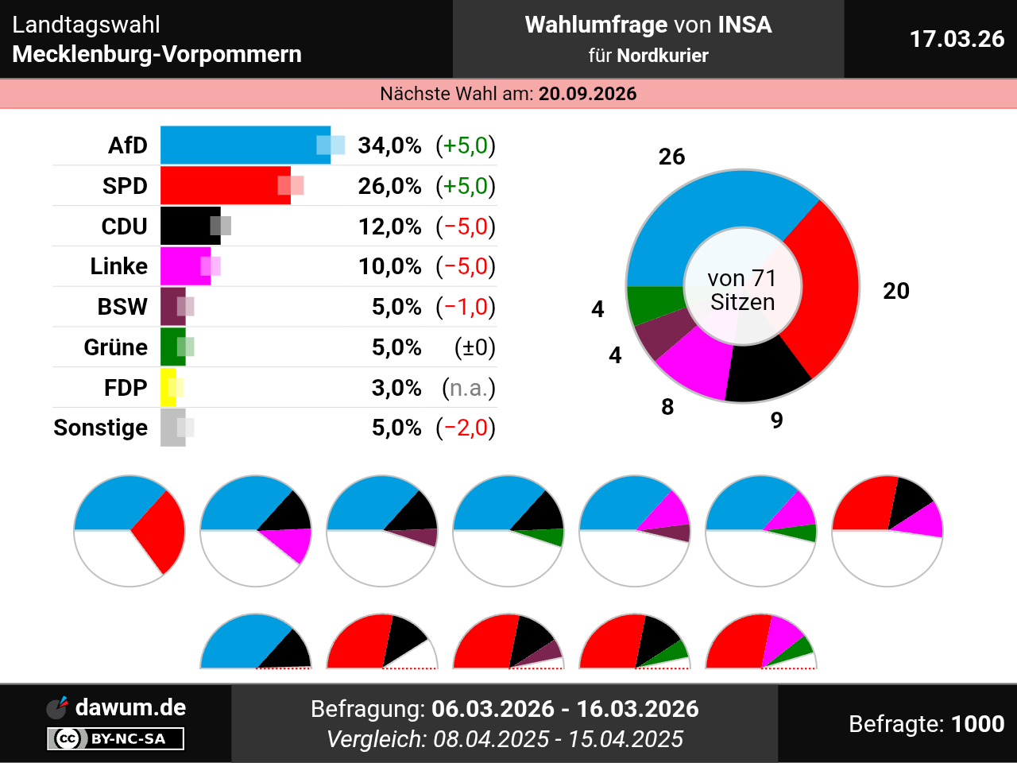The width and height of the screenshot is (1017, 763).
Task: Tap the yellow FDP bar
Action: [168, 388]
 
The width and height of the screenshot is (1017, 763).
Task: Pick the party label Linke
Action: [118, 266]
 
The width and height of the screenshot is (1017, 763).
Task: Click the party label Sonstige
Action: [100, 428]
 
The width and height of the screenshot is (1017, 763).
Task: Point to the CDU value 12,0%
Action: [389, 227]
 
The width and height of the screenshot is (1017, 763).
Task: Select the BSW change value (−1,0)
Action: [466, 307]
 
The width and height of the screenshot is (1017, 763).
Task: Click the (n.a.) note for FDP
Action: [468, 388]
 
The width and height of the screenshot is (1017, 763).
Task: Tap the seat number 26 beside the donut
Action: [671, 157]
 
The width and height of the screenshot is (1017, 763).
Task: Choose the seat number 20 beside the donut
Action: [895, 291]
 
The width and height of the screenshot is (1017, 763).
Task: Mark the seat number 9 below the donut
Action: [776, 420]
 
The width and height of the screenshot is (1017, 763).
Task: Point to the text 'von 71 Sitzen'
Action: [742, 290]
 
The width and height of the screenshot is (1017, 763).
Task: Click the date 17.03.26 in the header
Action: [957, 39]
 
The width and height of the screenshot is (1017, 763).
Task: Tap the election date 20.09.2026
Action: [587, 94]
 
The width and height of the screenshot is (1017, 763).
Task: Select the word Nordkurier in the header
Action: [662, 56]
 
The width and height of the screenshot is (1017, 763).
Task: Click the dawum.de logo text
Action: [130, 707]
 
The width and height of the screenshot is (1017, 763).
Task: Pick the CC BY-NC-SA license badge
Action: [116, 738]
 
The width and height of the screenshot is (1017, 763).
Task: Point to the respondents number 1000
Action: [977, 724]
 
